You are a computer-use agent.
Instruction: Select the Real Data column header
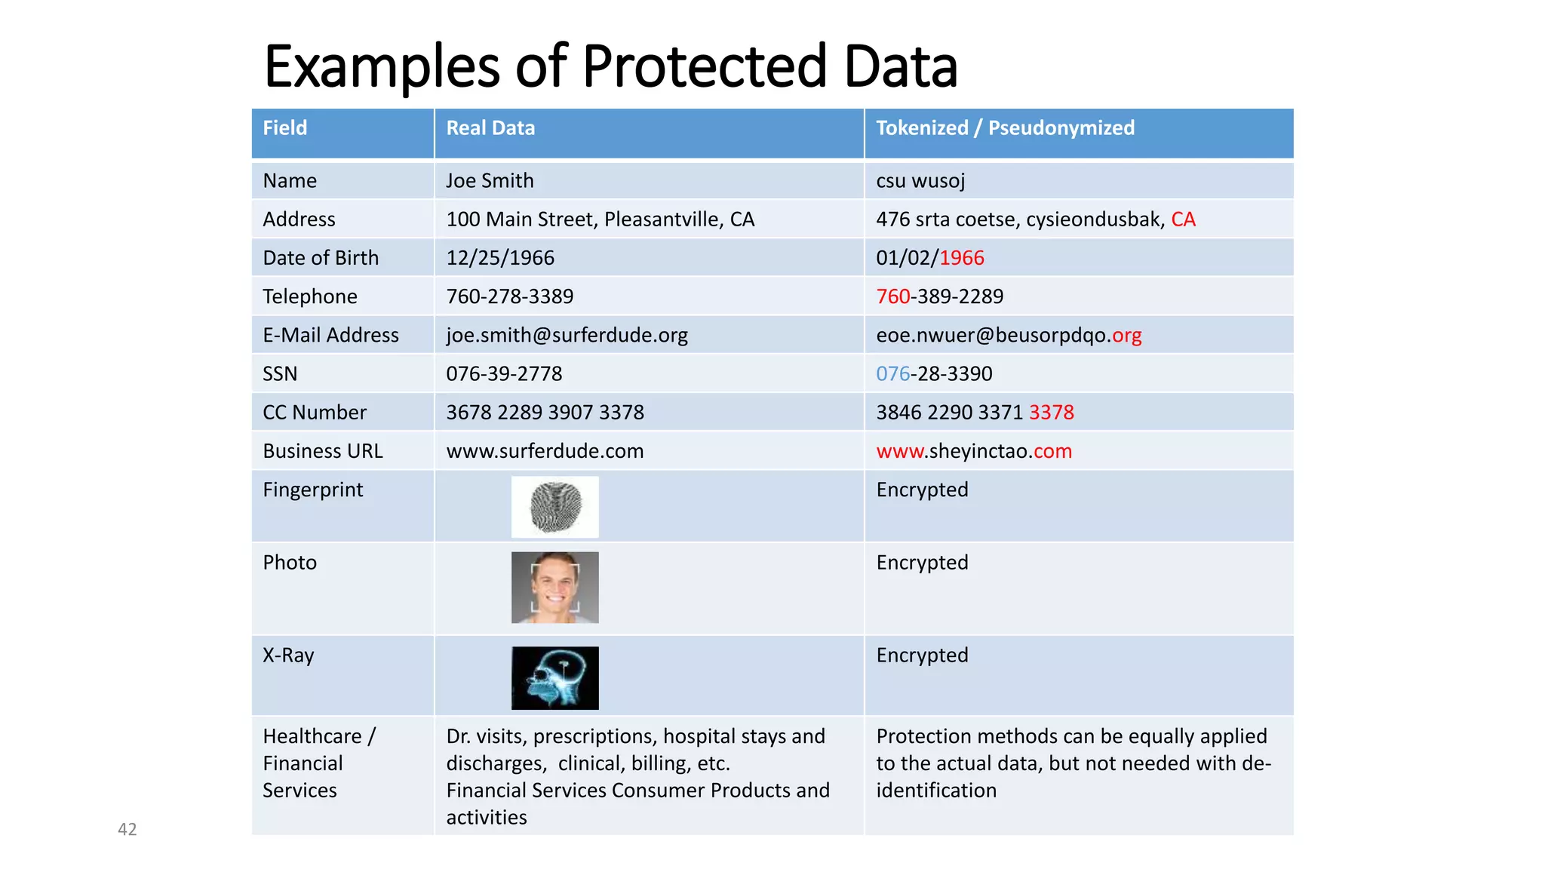click(x=490, y=128)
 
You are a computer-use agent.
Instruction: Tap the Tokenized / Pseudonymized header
click(x=1005, y=128)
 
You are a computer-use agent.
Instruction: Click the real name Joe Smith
click(x=490, y=181)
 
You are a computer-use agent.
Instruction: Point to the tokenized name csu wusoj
click(x=920, y=181)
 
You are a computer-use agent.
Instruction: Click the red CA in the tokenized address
click(x=1183, y=220)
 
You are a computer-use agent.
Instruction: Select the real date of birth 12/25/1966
click(x=500, y=258)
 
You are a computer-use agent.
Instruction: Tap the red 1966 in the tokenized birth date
click(x=962, y=258)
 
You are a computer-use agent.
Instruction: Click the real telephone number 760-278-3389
click(x=510, y=296)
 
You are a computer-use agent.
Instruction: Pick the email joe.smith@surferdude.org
click(x=567, y=335)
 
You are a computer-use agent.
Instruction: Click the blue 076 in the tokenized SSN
click(x=892, y=374)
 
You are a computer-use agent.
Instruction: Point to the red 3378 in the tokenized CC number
click(x=1052, y=413)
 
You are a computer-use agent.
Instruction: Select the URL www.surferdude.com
click(x=545, y=451)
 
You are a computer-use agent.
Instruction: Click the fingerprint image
click(x=555, y=507)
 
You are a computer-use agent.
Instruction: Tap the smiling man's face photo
click(x=555, y=588)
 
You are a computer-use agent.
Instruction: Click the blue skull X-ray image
click(x=555, y=678)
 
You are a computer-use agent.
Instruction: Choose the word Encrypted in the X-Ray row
click(x=922, y=656)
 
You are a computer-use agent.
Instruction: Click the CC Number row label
click(x=315, y=413)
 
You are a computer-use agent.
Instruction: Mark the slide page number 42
click(x=127, y=830)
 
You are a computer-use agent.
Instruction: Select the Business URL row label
click(x=323, y=451)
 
